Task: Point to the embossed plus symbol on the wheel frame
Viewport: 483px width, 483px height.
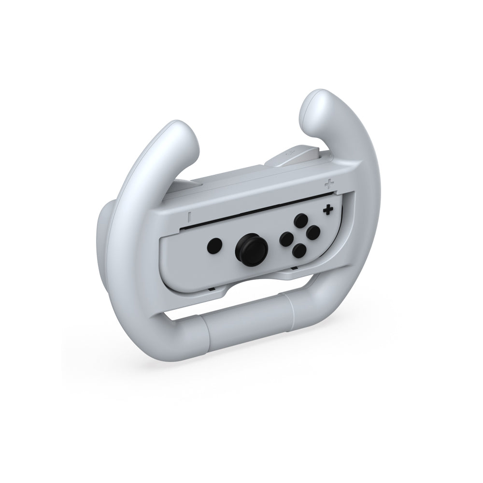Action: (x=329, y=184)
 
